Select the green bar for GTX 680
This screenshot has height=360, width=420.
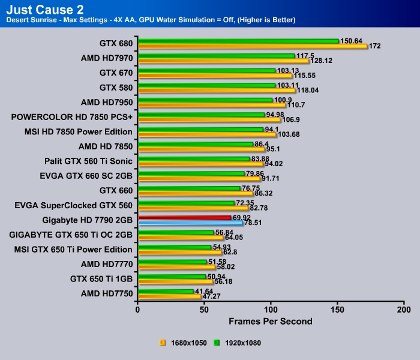[238, 41]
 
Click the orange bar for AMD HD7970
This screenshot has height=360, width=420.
[223, 61]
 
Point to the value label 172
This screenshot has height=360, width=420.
[376, 46]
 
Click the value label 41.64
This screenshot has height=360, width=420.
[204, 290]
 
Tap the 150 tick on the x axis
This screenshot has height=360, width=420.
[338, 309]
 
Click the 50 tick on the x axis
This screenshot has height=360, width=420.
[205, 309]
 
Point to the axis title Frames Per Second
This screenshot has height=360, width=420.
[270, 322]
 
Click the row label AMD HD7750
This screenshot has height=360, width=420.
[106, 293]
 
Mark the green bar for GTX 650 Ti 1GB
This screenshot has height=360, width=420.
[172, 276]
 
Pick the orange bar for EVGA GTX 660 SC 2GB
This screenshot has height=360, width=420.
[199, 178]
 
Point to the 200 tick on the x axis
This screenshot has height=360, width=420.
[404, 309]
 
